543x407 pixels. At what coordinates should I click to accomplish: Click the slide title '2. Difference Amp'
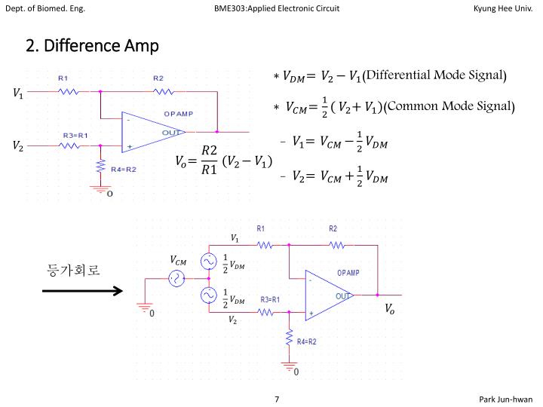[92, 47]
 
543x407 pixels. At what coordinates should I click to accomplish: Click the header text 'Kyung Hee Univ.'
[502, 8]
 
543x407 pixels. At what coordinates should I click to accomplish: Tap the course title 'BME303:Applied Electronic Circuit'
[277, 8]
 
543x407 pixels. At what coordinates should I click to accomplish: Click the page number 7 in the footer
[278, 399]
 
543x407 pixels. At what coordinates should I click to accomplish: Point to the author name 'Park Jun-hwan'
[505, 399]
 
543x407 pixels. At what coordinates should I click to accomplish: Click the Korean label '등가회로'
[73, 270]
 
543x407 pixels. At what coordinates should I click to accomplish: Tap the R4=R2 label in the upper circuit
[124, 170]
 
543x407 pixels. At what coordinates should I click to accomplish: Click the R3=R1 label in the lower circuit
[270, 299]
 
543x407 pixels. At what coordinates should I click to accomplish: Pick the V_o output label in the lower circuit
[389, 308]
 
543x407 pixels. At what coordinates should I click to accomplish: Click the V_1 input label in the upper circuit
[18, 93]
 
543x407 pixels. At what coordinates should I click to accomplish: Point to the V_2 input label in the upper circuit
[18, 145]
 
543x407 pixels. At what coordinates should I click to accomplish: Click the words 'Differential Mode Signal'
[436, 75]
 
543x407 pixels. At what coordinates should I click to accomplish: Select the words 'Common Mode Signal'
[449, 106]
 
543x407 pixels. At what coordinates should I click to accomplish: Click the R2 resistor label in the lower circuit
[333, 228]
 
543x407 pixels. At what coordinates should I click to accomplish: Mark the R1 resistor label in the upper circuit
[63, 78]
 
